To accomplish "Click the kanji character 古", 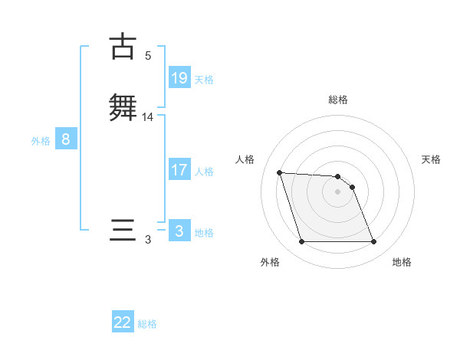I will click(x=122, y=47).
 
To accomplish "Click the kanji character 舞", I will click(x=123, y=106).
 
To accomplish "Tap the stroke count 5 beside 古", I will click(x=148, y=56).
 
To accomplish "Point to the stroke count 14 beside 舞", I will click(x=148, y=117).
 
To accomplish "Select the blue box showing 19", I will click(x=179, y=78).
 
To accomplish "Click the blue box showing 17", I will click(x=179, y=170).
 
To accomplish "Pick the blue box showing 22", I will click(x=123, y=322).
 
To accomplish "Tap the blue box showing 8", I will click(x=66, y=139).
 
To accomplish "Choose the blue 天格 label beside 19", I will click(x=204, y=80).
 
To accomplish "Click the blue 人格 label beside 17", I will click(x=204, y=172).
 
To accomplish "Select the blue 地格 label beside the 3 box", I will click(x=204, y=233).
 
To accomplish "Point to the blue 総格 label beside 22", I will click(x=147, y=324).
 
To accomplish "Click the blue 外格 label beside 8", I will click(x=40, y=141).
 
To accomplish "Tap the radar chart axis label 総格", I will click(x=338, y=100).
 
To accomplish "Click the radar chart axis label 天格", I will click(x=431, y=159).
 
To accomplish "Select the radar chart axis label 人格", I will click(x=245, y=159).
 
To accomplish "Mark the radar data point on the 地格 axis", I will click(x=373, y=242).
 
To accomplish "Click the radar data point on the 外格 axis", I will click(x=301, y=242).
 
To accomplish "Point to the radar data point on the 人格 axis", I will click(x=279, y=173).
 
